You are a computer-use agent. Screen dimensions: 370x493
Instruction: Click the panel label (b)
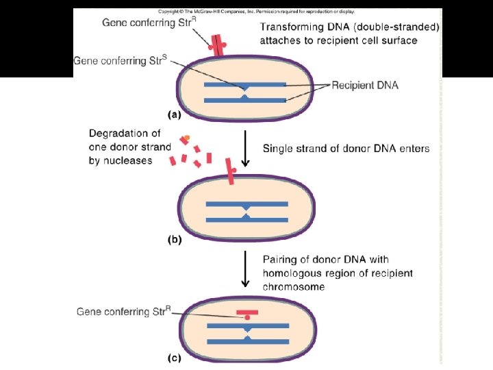click(176, 240)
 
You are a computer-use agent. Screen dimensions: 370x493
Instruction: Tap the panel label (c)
click(175, 357)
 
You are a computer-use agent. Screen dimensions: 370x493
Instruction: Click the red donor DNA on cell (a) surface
click(218, 45)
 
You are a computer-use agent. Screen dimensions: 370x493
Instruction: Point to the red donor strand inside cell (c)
click(246, 313)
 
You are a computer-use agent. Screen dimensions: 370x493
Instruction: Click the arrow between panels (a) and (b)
click(246, 151)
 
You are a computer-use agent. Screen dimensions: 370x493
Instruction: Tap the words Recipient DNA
click(365, 86)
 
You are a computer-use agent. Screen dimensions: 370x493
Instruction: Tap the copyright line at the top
click(256, 12)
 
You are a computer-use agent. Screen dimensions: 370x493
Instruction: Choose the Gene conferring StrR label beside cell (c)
click(123, 312)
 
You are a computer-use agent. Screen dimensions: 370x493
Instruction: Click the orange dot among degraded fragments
click(186, 139)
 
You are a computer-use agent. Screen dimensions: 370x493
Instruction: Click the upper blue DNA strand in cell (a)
click(245, 85)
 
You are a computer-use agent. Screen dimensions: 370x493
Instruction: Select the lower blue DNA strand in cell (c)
click(246, 341)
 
